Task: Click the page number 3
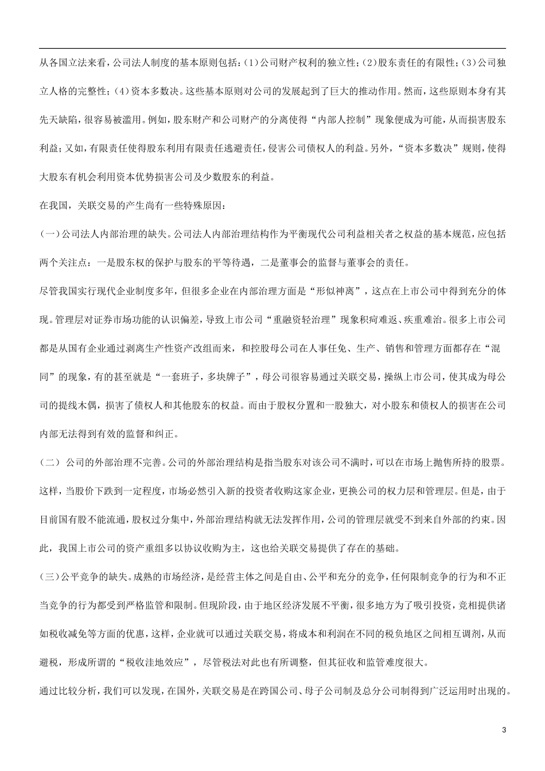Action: (x=504, y=729)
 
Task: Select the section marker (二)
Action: (x=49, y=462)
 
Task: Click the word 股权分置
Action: (x=303, y=406)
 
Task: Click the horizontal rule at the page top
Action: (x=272, y=49)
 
